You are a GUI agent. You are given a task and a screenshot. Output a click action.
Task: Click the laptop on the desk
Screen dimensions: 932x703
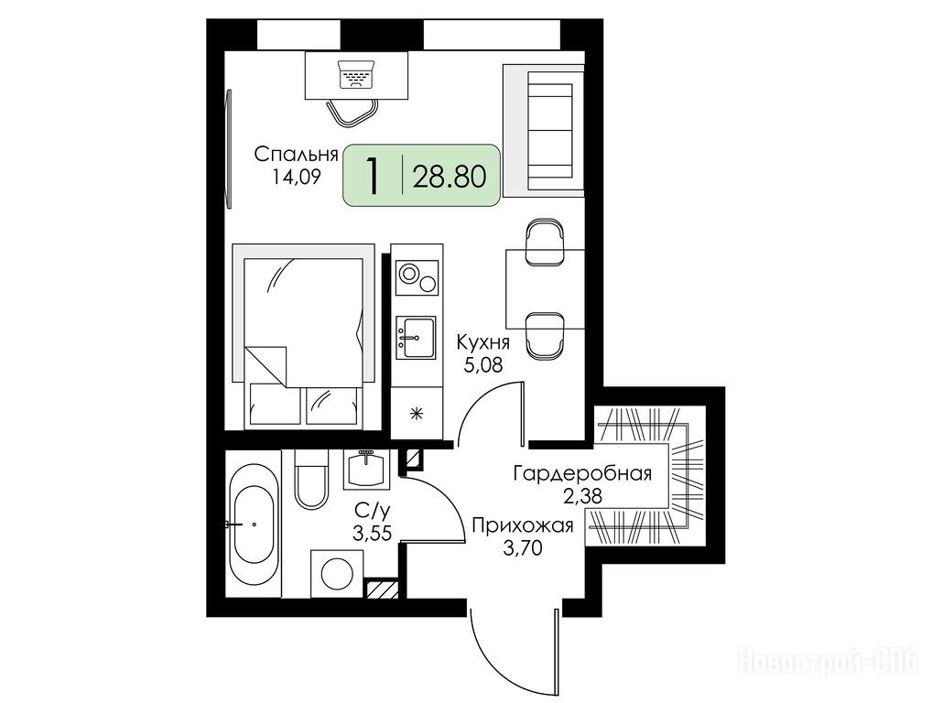[x=356, y=74]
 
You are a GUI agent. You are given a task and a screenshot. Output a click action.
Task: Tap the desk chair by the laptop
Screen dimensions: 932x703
[x=352, y=112]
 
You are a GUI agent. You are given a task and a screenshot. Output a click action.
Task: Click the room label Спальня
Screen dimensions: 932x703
[x=296, y=155]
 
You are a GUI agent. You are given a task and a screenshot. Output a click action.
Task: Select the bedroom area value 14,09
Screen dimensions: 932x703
[x=297, y=177]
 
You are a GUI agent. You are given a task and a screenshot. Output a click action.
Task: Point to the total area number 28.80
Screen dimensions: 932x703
[x=450, y=177]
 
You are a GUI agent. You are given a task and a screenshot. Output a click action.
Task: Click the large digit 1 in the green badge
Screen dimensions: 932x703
[x=373, y=176]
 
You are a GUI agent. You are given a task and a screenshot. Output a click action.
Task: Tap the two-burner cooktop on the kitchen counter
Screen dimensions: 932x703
[x=417, y=278]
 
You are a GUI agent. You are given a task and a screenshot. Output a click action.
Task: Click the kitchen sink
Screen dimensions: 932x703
[x=416, y=337]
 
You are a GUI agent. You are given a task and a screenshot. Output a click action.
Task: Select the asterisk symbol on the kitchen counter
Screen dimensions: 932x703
[x=417, y=414]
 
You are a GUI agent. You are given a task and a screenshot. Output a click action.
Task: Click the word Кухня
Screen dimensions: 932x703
[x=482, y=343]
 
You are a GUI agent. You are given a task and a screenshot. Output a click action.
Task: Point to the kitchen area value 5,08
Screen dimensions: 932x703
[x=483, y=363]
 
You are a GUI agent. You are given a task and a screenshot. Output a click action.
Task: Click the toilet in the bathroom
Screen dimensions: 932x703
[x=311, y=479]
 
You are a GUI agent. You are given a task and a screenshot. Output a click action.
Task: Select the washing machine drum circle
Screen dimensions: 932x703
[x=338, y=573]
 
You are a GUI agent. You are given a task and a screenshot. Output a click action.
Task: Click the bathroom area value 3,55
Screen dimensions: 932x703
[x=372, y=533]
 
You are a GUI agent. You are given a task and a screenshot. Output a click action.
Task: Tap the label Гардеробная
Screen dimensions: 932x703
[x=582, y=473]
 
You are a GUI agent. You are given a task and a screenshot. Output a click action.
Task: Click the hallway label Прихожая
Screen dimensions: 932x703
[x=523, y=526]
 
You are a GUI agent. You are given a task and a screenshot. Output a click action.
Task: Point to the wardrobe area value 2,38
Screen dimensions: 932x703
[x=583, y=495]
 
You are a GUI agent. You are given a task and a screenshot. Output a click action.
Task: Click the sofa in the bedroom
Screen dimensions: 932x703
[x=543, y=131]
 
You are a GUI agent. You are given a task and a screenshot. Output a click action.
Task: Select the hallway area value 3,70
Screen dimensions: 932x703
[x=523, y=547]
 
